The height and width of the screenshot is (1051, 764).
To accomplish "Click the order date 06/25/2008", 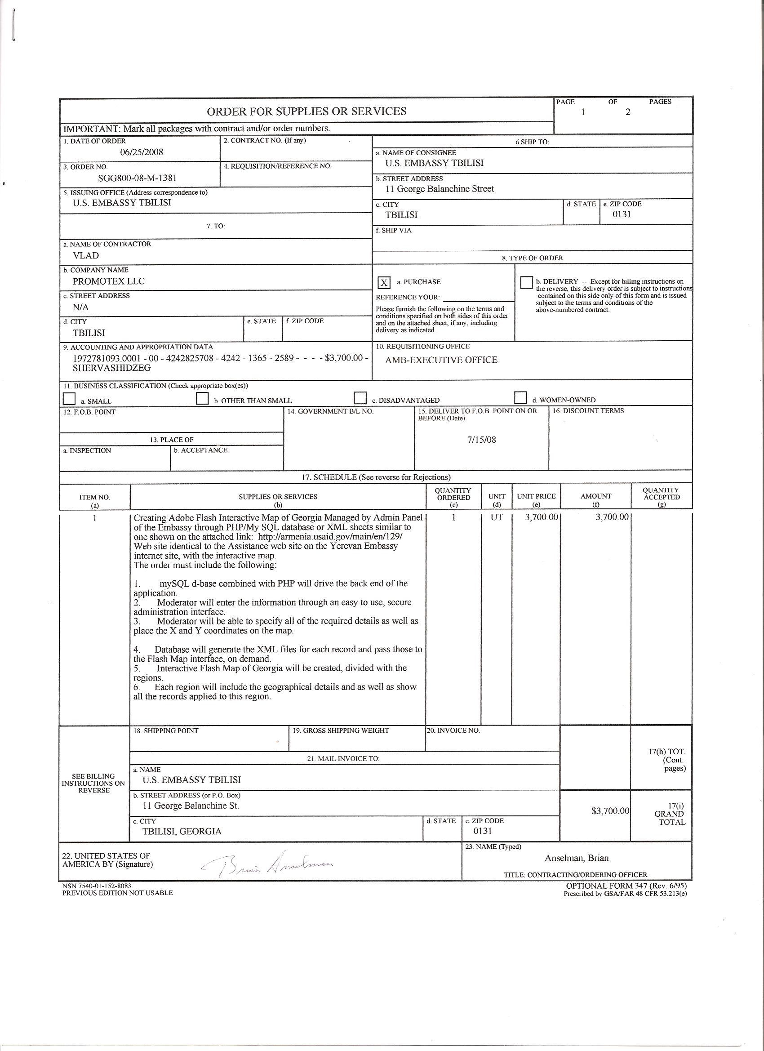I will (142, 151).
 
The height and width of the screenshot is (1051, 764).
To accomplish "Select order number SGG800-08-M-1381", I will (137, 178).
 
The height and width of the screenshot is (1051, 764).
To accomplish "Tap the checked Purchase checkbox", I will (384, 283).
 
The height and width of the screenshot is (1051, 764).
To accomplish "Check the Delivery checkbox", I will (527, 282).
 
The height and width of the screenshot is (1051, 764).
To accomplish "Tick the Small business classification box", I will (69, 399).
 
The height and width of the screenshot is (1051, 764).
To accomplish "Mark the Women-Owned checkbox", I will (520, 397).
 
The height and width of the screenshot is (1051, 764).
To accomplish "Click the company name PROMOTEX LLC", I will (108, 281).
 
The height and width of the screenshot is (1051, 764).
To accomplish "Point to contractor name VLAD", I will (86, 255).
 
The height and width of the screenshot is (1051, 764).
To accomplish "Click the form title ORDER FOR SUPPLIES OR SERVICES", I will (306, 111).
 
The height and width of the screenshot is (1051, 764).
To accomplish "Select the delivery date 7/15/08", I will (481, 440).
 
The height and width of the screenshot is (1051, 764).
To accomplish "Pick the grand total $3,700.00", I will (610, 811).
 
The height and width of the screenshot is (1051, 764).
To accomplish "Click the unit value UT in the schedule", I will (496, 517).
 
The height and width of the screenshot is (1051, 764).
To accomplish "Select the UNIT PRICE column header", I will (536, 496).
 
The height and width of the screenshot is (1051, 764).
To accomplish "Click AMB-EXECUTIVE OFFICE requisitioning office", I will (441, 360).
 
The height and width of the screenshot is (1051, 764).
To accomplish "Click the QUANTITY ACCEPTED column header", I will (661, 497).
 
